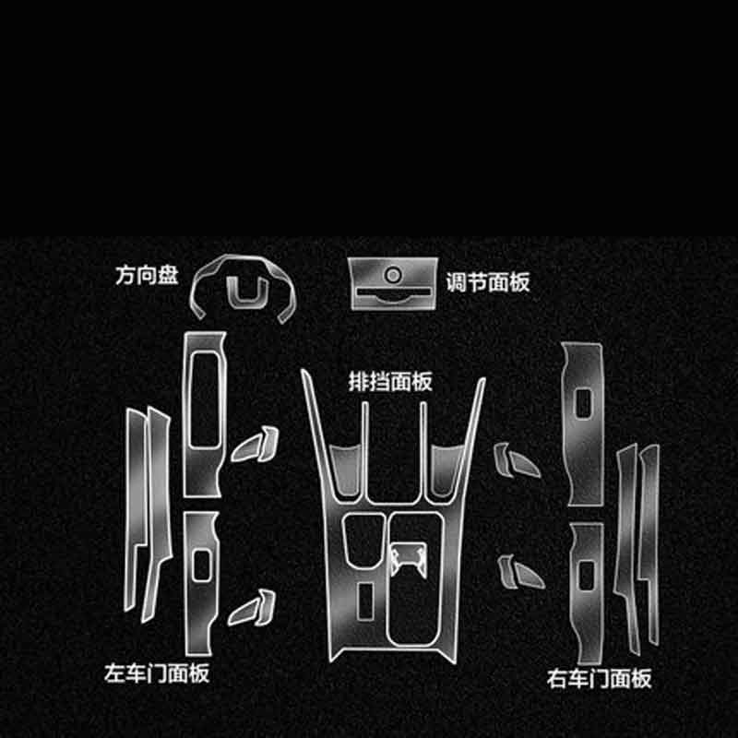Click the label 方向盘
pos(147,275)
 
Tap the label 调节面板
pos(488,282)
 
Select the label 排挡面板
pos(389,381)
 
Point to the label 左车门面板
pos(157,673)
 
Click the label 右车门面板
pos(599,678)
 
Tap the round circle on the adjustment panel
pos(393,275)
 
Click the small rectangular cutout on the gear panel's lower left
pos(365,601)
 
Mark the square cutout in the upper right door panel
pos(584,403)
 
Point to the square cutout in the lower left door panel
pos(201,565)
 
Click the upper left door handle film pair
pos(255,445)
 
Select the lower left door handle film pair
pos(252,608)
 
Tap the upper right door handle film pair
pos(517,460)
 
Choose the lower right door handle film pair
pos(521,572)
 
